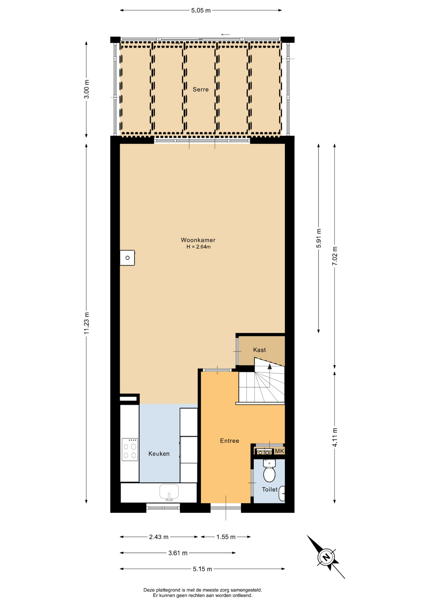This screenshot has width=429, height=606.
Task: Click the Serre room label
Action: pyautogui.click(x=201, y=90)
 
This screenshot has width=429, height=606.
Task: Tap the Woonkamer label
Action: pyautogui.click(x=198, y=240)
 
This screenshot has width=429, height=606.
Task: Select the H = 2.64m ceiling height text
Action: pyautogui.click(x=198, y=247)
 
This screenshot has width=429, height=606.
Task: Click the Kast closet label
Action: pyautogui.click(x=259, y=350)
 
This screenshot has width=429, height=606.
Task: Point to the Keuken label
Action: pyautogui.click(x=159, y=454)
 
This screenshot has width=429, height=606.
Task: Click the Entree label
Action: pyautogui.click(x=230, y=441)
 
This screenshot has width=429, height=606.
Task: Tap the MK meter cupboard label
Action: pyautogui.click(x=279, y=451)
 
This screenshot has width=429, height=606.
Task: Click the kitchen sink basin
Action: pyautogui.click(x=169, y=492)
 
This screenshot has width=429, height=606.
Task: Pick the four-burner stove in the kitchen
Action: pyautogui.click(x=130, y=449)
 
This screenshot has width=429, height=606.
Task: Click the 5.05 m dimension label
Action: pyautogui.click(x=201, y=10)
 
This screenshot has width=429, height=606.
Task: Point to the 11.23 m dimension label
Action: pyautogui.click(x=87, y=323)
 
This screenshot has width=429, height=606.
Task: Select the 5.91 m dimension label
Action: pyautogui.click(x=319, y=238)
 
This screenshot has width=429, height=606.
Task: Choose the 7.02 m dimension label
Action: pyautogui.click(x=335, y=256)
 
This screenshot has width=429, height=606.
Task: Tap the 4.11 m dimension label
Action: pyautogui.click(x=335, y=437)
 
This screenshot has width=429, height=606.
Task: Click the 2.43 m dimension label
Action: pyautogui.click(x=159, y=537)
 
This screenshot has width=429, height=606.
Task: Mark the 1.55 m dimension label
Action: pyautogui.click(x=226, y=537)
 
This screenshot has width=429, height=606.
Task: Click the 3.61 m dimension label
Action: pyautogui.click(x=178, y=553)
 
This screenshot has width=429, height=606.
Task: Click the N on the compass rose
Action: pyautogui.click(x=326, y=557)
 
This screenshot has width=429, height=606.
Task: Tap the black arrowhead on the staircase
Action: pyautogui.click(x=270, y=366)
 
